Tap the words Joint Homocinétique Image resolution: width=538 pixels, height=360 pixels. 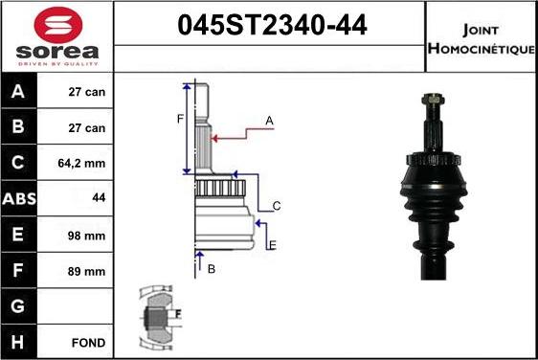point(481,35)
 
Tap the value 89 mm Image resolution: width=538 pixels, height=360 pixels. point(86,271)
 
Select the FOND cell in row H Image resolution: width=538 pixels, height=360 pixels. point(87,342)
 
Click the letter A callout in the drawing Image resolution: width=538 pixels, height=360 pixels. point(269,121)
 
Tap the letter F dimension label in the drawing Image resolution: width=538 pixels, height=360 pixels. point(179,119)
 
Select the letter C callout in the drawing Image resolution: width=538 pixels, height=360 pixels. point(276,206)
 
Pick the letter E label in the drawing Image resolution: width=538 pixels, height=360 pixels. point(272,245)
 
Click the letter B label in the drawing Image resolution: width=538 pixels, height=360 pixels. point(211,269)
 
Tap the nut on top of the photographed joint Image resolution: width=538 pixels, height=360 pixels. point(430,100)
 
